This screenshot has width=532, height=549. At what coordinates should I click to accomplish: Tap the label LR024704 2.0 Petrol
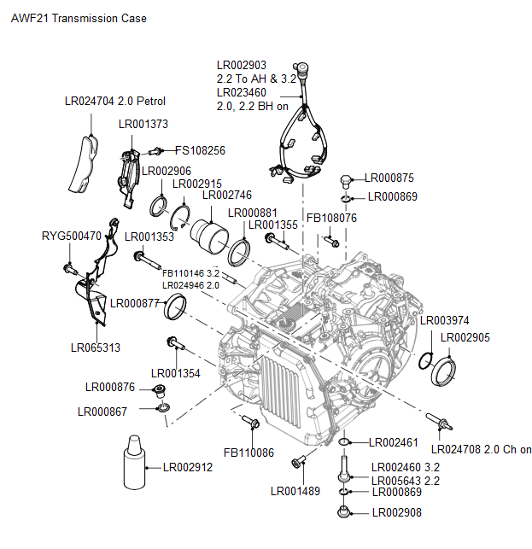114,101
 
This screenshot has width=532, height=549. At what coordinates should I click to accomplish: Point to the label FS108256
201,150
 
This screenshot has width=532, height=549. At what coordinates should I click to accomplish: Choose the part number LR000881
254,213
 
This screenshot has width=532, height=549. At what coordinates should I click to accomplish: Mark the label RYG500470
72,236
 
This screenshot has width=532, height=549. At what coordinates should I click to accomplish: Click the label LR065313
95,348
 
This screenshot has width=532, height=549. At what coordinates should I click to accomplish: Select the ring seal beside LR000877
176,306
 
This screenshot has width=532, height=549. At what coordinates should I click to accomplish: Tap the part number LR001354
176,373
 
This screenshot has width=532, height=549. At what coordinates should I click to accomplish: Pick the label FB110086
249,452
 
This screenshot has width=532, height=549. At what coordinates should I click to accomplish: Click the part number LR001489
295,490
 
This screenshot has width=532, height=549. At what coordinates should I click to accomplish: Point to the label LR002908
397,512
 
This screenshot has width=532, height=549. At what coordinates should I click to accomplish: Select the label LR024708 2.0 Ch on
482,449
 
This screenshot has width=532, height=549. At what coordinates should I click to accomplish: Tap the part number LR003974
445,320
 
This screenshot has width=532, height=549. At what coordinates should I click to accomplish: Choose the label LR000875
389,178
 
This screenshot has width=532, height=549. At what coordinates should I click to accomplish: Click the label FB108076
331,218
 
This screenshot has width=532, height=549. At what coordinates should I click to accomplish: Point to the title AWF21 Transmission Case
79,18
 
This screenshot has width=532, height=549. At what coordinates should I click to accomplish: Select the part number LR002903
242,65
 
